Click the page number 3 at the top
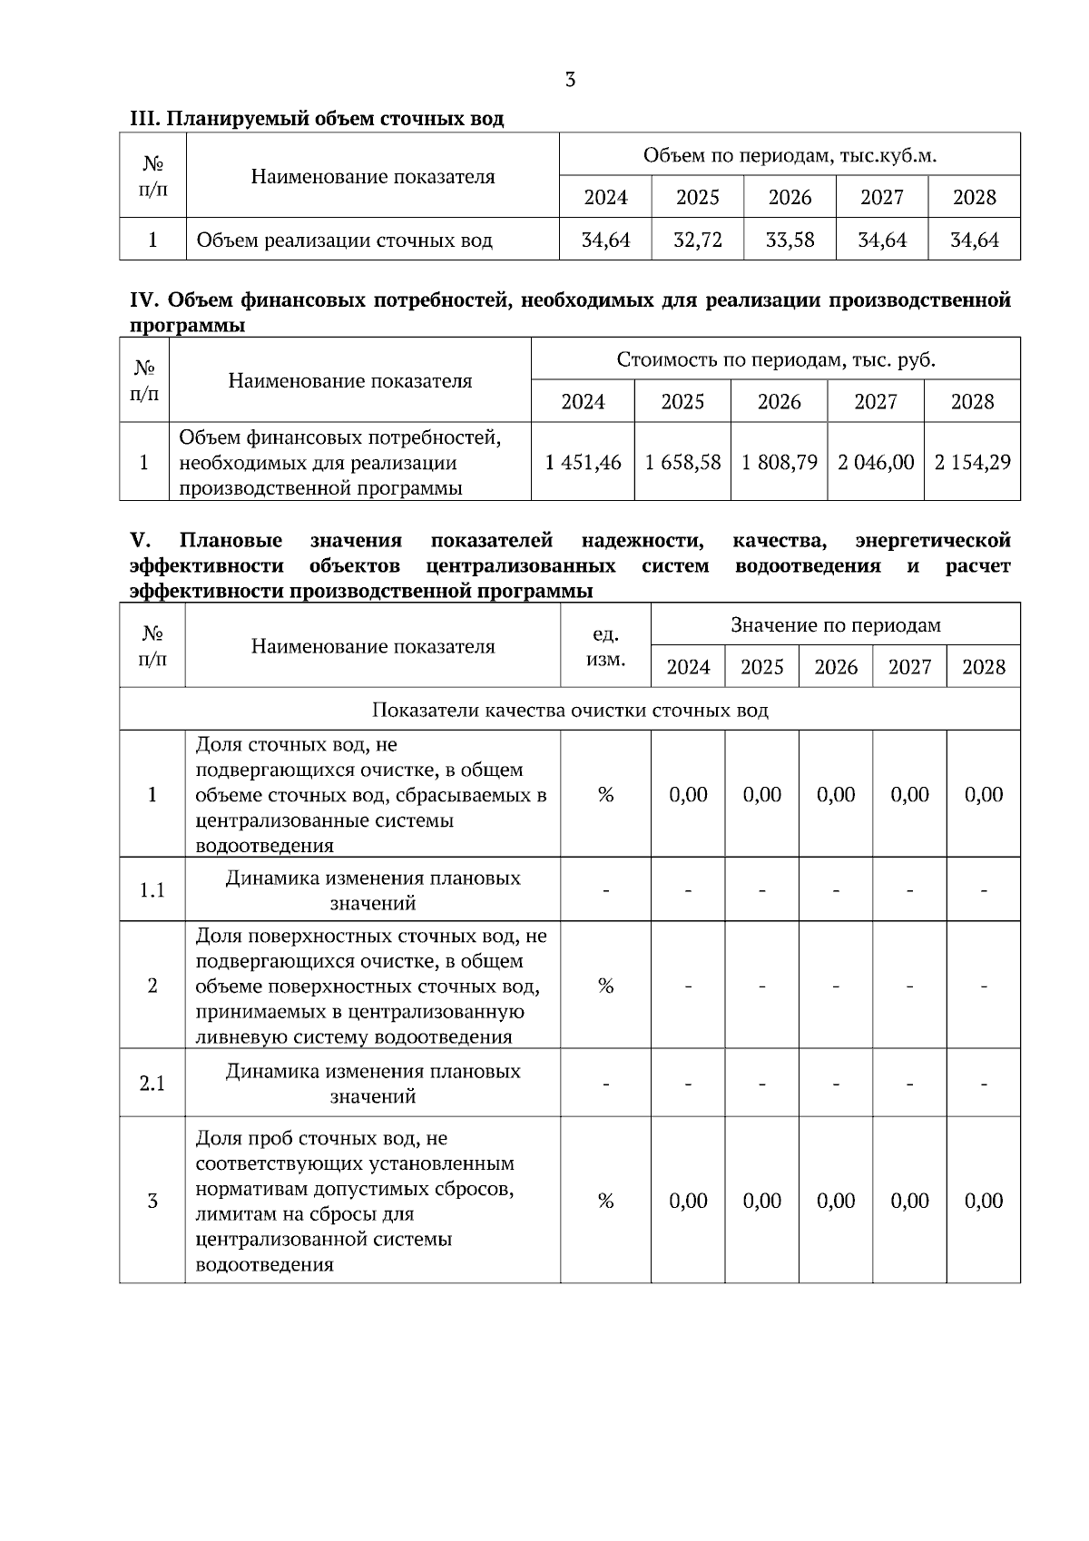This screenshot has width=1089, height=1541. click(570, 80)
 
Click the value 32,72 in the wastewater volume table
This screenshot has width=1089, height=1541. click(698, 240)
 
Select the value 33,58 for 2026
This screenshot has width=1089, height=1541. click(790, 240)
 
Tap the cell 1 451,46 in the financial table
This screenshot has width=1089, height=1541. click(583, 463)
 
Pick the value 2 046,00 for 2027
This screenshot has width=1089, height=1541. click(876, 463)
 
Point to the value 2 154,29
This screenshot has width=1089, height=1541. click(972, 463)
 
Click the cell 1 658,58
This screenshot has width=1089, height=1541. click(682, 463)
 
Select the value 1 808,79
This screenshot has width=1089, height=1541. click(779, 463)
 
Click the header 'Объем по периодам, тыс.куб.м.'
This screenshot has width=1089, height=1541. click(790, 155)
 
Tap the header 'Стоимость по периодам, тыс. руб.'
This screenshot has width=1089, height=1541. click(776, 359)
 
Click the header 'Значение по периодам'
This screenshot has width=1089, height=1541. click(836, 624)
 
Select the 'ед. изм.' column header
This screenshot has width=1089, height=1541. click(605, 646)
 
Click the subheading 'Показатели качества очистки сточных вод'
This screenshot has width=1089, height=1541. click(570, 710)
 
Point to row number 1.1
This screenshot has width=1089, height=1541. click(152, 890)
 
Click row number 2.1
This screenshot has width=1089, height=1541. click(152, 1084)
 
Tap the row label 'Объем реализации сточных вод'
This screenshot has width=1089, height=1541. click(344, 240)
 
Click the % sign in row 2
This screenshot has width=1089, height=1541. click(605, 986)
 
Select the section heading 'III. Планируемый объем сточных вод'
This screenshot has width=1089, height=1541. click(317, 119)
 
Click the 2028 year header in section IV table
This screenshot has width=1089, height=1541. click(972, 401)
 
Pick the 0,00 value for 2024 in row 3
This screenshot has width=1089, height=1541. click(688, 1201)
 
